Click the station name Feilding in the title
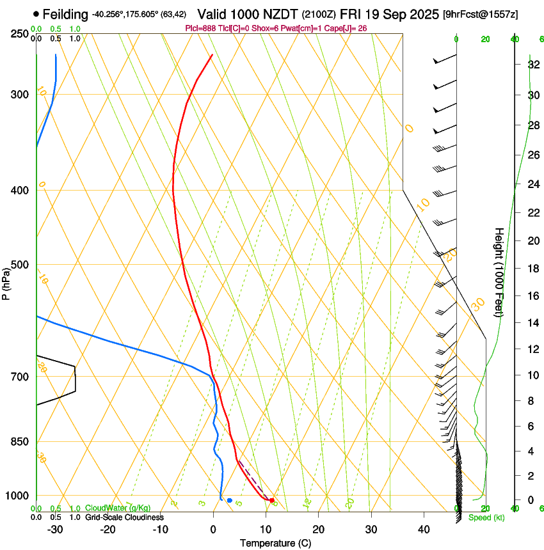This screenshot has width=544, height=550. tap(65, 13)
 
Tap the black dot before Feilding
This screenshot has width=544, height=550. tap(36, 13)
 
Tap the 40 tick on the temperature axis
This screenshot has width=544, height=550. tap(424, 530)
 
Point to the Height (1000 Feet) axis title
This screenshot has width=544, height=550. tap(499, 272)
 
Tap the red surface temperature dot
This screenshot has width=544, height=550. tap(272, 500)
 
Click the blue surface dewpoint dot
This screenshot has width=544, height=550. tap(230, 500)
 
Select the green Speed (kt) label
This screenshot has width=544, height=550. tap(486, 517)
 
